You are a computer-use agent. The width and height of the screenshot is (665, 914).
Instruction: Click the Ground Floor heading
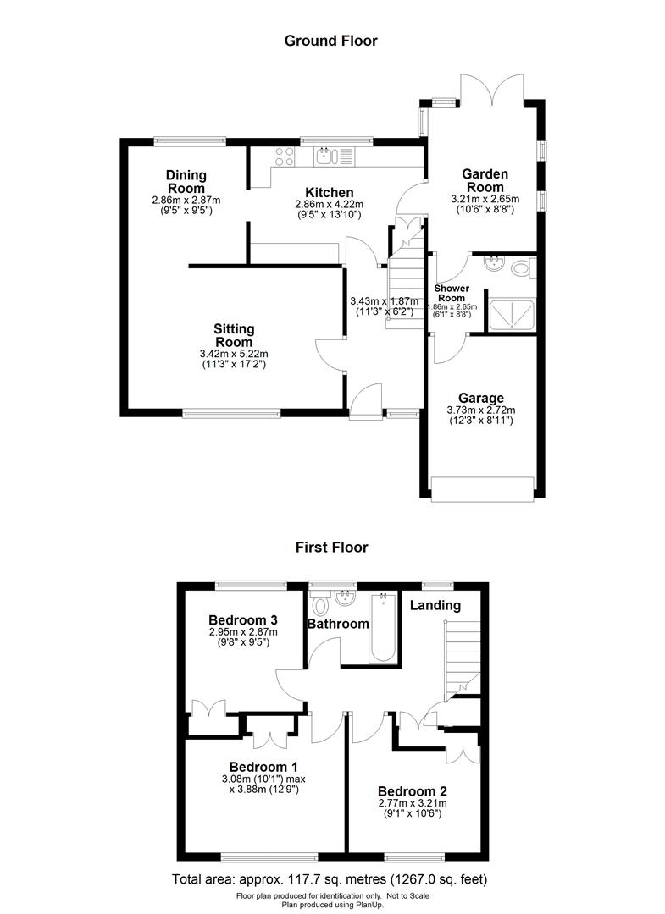coord(330,40)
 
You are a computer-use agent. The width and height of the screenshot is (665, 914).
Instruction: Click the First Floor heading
coord(331,547)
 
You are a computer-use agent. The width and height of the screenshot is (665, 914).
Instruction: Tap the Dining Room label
coord(186,181)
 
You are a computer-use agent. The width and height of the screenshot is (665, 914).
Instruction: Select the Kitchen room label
coord(330,192)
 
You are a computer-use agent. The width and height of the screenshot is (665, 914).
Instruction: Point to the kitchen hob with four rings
coord(284,156)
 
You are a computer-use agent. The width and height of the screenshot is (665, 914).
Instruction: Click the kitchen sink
coord(327,155)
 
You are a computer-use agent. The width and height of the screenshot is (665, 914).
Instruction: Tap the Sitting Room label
coord(233,334)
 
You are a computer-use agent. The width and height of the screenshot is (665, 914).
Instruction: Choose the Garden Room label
coord(484,179)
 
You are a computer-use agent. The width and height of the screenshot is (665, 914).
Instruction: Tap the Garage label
coord(480,398)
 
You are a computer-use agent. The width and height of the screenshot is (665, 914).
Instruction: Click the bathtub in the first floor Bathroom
coord(384,628)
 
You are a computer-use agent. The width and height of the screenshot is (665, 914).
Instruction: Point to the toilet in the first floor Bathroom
coord(320,606)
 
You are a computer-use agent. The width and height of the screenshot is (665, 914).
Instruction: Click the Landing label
coord(435,605)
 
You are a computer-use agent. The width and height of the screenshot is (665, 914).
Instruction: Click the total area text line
coord(330,878)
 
